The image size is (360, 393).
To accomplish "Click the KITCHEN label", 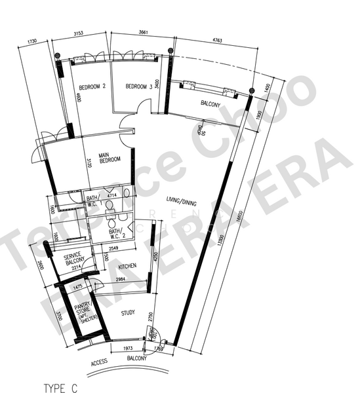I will pyautogui.click(x=128, y=267).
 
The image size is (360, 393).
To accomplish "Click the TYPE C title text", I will pyautogui.click(x=60, y=388).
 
